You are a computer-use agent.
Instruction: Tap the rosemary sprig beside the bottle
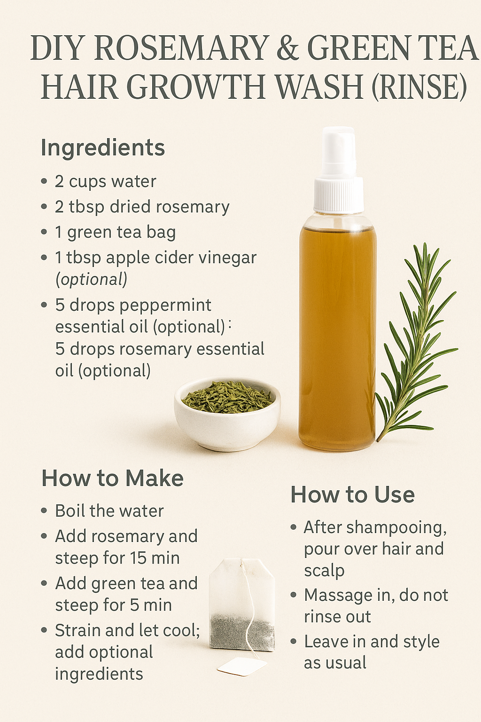tap(416, 338)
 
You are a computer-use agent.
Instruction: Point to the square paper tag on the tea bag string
tap(241, 666)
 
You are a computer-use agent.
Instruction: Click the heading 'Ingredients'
tap(103, 148)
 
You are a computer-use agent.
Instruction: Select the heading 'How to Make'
tap(112, 479)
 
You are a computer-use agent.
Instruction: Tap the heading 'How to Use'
tap(352, 495)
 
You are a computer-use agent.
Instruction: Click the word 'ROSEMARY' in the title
tap(181, 48)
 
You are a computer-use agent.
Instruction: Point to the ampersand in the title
tap(287, 48)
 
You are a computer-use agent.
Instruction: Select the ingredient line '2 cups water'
tap(105, 181)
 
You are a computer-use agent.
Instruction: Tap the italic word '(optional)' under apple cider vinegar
tap(92, 279)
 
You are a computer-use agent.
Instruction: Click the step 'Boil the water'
tap(109, 511)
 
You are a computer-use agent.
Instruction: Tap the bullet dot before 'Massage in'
tap(294, 595)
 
